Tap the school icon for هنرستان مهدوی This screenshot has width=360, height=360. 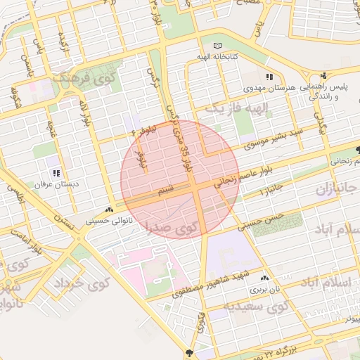270,77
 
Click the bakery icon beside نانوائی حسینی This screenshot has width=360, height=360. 108,210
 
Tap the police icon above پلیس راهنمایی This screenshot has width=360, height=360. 323,76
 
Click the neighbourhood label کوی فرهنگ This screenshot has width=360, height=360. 78,77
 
